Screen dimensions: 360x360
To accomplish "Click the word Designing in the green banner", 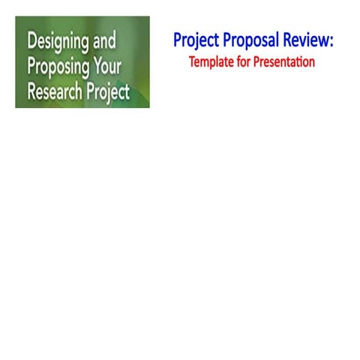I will coord(59,42).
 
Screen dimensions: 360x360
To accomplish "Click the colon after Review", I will coord(331,42).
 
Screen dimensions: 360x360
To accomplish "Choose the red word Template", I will coord(213,62).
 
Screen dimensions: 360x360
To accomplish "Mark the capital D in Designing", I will coord(31,42).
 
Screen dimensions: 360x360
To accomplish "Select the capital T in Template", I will coord(192,62).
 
